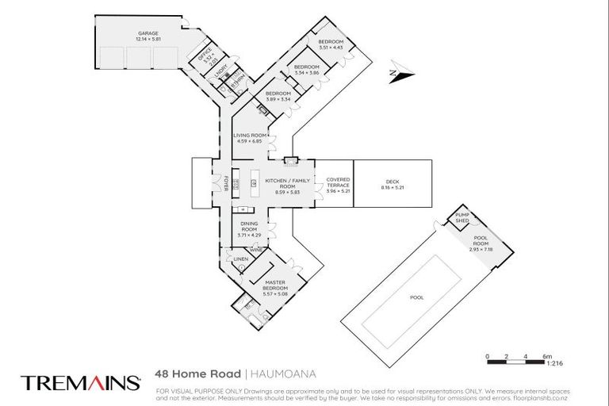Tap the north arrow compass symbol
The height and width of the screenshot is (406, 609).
402,75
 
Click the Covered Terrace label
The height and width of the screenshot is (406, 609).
338,185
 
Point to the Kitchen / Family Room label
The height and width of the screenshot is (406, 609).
283,186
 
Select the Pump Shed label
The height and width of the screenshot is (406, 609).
460,218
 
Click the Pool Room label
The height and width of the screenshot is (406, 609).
481,243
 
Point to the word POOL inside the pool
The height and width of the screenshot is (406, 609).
416,297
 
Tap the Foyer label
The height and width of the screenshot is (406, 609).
225,182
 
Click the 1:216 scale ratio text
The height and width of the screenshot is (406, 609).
554,362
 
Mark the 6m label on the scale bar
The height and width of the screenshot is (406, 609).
547,356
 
